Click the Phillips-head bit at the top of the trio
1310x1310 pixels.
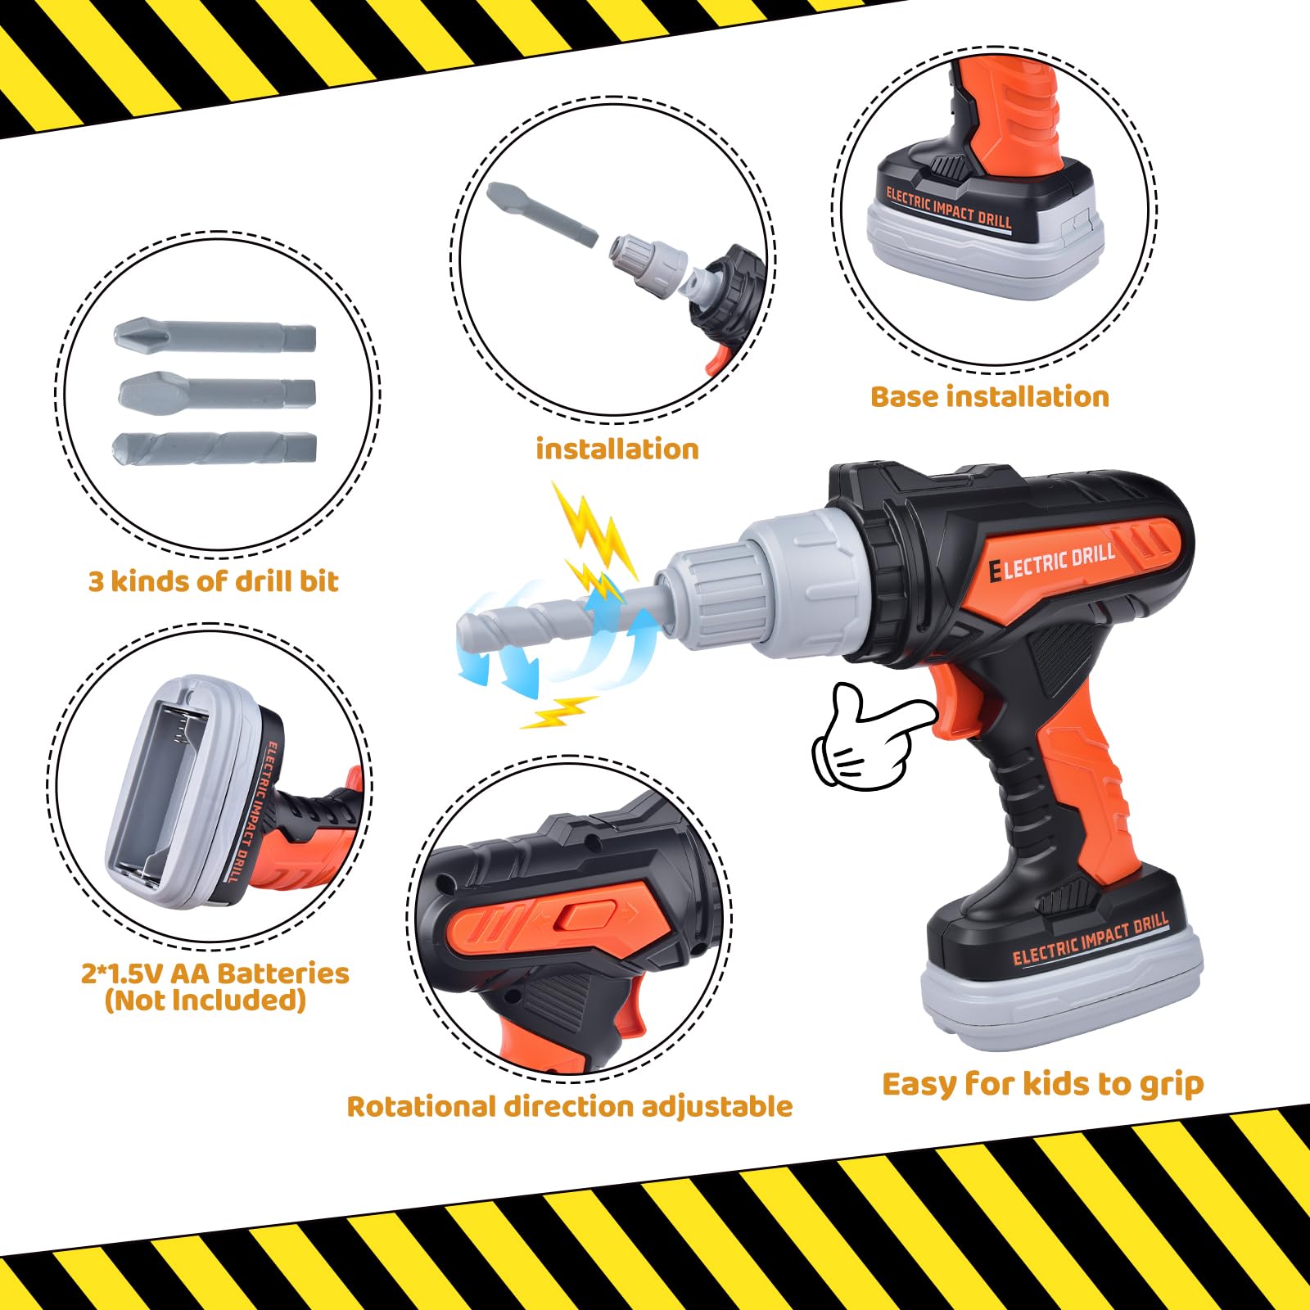pos(215,337)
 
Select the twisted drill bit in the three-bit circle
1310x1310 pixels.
pos(215,448)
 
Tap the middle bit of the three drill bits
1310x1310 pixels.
pos(217,391)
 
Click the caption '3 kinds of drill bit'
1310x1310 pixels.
pos(213,581)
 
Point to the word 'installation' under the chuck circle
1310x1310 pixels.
pos(617,449)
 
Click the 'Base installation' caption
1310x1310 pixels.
pos(990,397)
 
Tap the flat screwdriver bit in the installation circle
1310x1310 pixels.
pos(542,214)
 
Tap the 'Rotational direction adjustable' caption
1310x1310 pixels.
pos(570,1107)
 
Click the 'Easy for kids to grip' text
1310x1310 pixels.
pos(1043,1084)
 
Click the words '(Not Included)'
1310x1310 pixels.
pos(206,1001)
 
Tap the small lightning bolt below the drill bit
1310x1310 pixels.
pos(559,711)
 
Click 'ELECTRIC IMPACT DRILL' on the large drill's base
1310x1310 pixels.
pos(1091,940)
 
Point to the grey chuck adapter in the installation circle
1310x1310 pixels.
pos(648,261)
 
